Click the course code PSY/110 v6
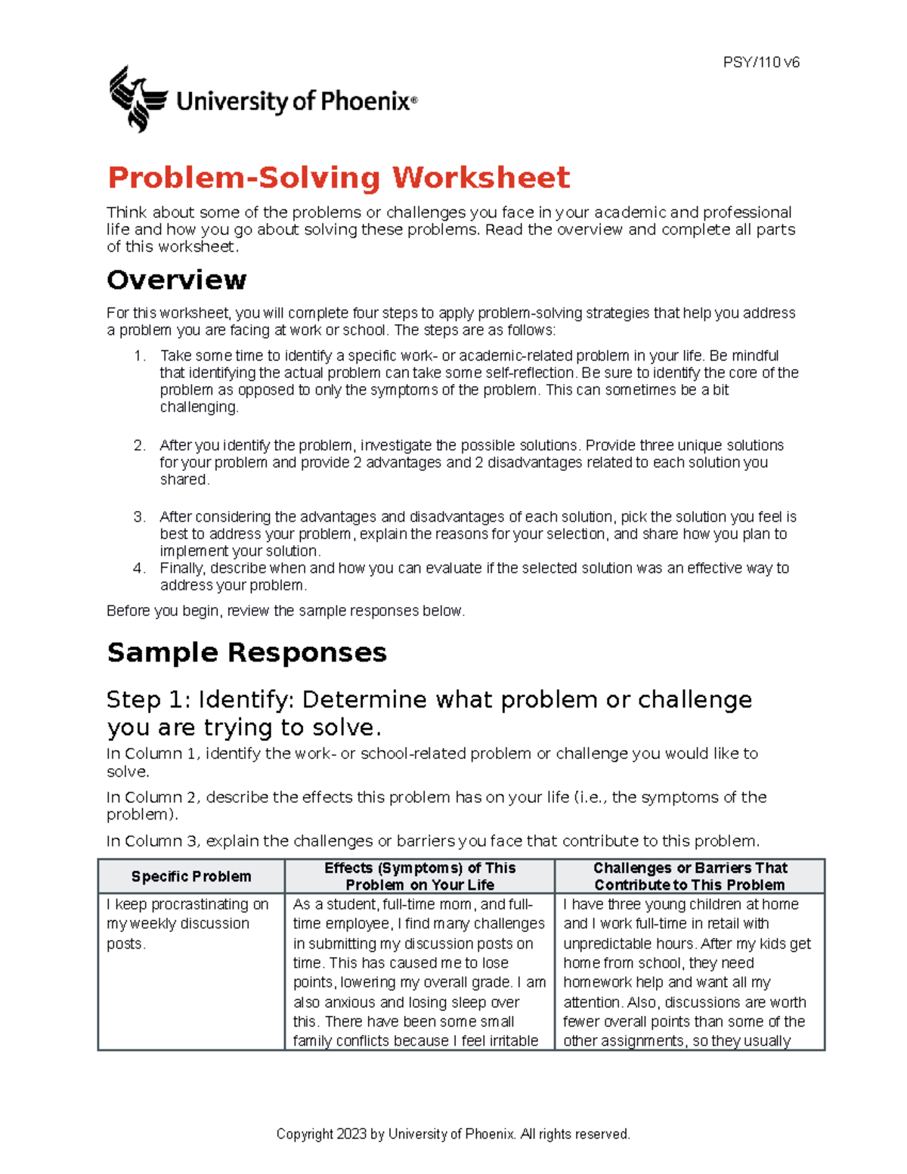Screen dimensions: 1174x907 click(x=760, y=63)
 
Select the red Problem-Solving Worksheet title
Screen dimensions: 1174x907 click(x=338, y=178)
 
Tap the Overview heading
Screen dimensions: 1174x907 click(x=176, y=280)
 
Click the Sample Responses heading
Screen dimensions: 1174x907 click(x=246, y=652)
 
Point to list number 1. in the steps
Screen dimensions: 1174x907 click(x=139, y=356)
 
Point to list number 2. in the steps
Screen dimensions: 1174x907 click(x=139, y=445)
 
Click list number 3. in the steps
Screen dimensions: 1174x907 click(x=139, y=517)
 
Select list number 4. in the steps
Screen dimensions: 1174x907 click(x=139, y=568)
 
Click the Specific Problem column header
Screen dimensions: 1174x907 click(x=191, y=877)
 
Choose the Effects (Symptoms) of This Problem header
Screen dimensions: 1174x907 click(x=419, y=877)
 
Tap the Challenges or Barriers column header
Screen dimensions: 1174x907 click(x=689, y=877)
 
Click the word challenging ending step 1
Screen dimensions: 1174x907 click(x=198, y=407)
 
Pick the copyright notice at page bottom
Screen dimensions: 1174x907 click(x=453, y=1134)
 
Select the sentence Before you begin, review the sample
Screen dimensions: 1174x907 click(x=286, y=611)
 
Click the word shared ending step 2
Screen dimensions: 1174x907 click(x=184, y=480)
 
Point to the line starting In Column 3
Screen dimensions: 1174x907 click(x=432, y=841)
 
